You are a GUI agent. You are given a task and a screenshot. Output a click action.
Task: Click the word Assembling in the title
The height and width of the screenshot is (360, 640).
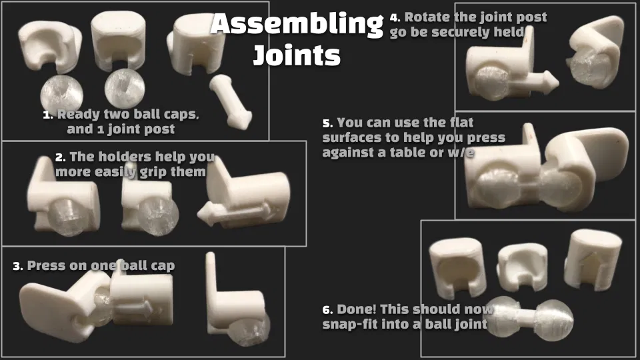pyautogui.click(x=297, y=25)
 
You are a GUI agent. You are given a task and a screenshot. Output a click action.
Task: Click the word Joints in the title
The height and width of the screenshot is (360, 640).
pyautogui.click(x=297, y=55)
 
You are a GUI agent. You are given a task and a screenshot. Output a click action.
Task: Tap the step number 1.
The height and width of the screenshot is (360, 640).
pyautogui.click(x=47, y=115)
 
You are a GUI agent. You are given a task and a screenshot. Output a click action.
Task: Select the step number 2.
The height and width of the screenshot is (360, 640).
pyautogui.click(x=61, y=157)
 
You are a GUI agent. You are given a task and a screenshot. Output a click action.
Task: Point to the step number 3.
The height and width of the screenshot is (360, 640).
pyautogui.click(x=17, y=267)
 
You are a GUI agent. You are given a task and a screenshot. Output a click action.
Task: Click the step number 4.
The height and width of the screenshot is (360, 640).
pyautogui.click(x=395, y=17)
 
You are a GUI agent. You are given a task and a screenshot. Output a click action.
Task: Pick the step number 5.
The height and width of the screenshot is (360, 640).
pyautogui.click(x=327, y=123)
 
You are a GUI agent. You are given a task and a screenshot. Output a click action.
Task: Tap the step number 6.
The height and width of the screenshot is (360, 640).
pyautogui.click(x=327, y=310)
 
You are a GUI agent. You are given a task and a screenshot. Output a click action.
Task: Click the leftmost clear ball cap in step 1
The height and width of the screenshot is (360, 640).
pyautogui.click(x=61, y=93)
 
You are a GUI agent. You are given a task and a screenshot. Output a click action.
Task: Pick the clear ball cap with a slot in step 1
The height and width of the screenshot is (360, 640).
pyautogui.click(x=125, y=88)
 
